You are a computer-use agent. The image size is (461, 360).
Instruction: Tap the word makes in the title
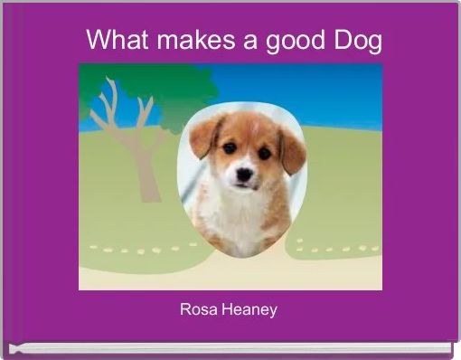[184, 41]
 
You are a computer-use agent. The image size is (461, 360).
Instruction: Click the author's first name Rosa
[198, 310]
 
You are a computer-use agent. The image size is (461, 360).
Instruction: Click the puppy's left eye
[230, 148]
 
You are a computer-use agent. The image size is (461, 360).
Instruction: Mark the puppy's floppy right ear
[292, 148]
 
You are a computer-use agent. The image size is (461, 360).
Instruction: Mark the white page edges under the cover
[226, 347]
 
